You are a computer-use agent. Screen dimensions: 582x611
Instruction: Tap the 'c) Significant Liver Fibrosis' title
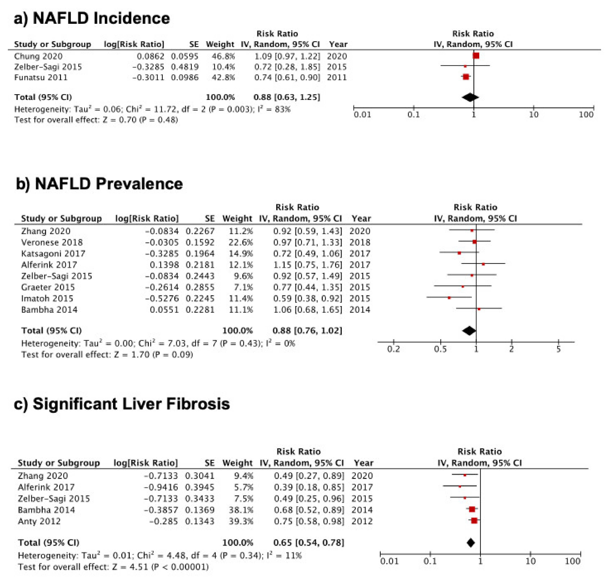122,404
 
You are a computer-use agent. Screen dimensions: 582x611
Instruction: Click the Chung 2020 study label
38,56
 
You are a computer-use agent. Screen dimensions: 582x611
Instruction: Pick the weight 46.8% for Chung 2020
223,56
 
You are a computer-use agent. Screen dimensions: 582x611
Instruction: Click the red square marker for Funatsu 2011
466,77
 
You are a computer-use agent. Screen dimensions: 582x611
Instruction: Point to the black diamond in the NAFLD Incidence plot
470,97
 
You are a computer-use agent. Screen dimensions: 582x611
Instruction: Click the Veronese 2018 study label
52,242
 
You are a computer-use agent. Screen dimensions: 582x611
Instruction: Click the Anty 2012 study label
39,521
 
